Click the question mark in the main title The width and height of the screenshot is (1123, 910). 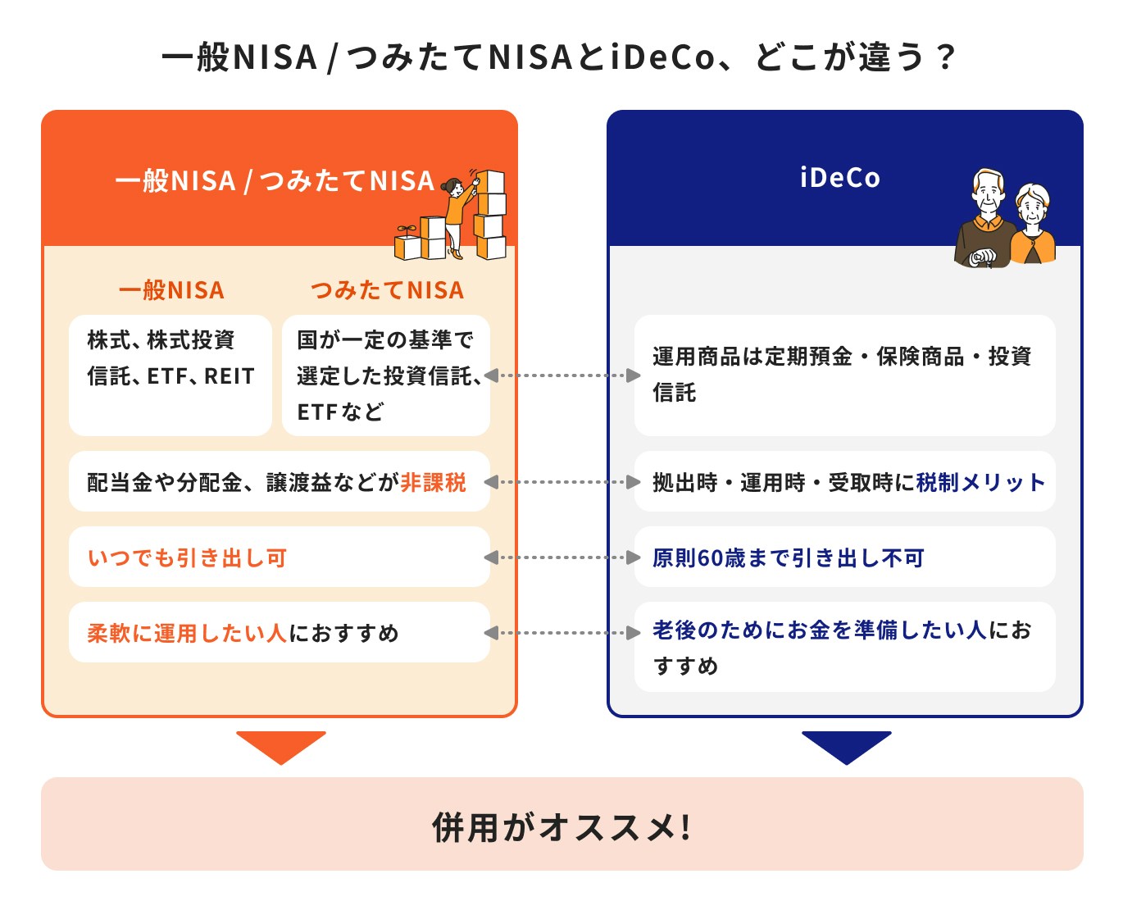[x=945, y=58]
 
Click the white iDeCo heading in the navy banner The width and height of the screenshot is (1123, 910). [x=839, y=178]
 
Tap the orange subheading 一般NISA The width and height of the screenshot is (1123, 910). [x=170, y=290]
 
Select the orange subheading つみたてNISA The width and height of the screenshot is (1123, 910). [x=387, y=290]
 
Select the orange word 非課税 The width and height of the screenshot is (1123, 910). [x=433, y=482]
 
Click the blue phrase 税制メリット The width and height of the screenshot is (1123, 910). [x=980, y=482]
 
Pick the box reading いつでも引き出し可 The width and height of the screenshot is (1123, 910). [x=279, y=557]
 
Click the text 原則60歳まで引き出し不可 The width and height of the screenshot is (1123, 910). [x=788, y=558]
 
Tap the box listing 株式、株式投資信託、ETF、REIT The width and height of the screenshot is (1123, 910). [x=170, y=375]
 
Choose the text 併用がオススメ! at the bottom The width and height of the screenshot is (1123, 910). [x=561, y=826]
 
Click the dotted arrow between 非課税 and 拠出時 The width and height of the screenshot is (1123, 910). [x=562, y=482]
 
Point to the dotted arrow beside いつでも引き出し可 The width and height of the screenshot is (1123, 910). [x=562, y=557]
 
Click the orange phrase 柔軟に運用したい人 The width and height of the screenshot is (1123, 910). [x=186, y=633]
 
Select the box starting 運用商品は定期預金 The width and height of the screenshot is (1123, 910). [x=844, y=375]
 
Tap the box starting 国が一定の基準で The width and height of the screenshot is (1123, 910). [x=385, y=375]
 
